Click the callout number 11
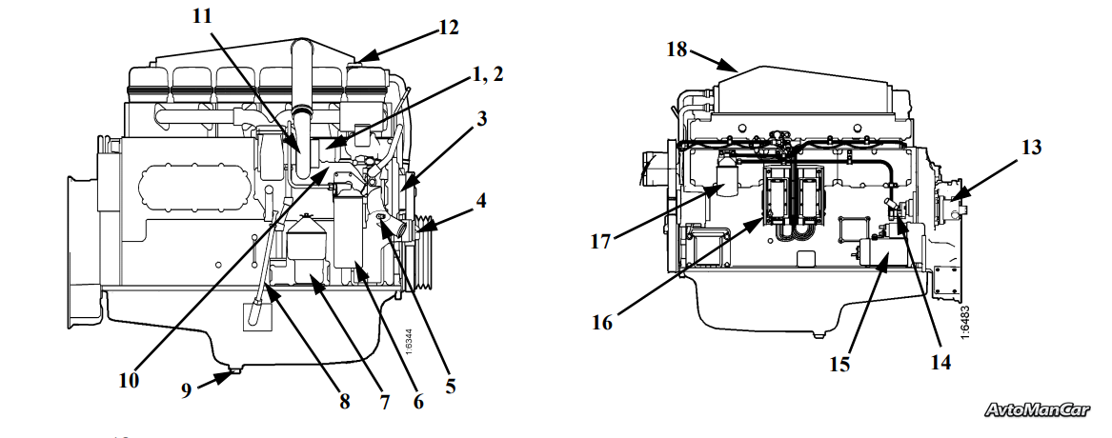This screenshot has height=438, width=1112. click(x=202, y=15)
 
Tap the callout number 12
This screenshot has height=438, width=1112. click(x=448, y=28)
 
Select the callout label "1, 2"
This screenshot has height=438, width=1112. click(x=488, y=73)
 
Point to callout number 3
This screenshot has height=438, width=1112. click(x=481, y=118)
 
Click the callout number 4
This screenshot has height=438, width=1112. click(x=481, y=201)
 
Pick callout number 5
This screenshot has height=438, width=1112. click(x=451, y=386)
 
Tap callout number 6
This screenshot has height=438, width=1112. click(x=417, y=401)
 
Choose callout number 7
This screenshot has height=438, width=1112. click(x=384, y=403)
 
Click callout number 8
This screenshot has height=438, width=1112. click(x=345, y=401)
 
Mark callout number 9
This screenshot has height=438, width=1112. click(x=186, y=389)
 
